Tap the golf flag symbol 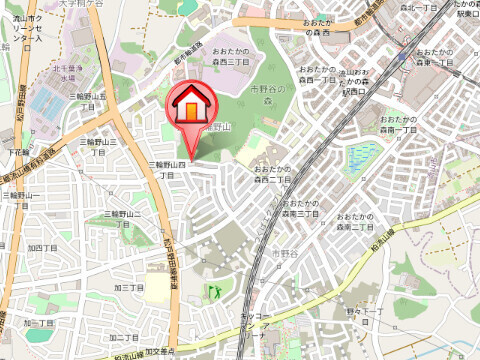pos(213,292)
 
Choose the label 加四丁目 pos(42,247)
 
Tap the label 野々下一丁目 pos(365,316)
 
